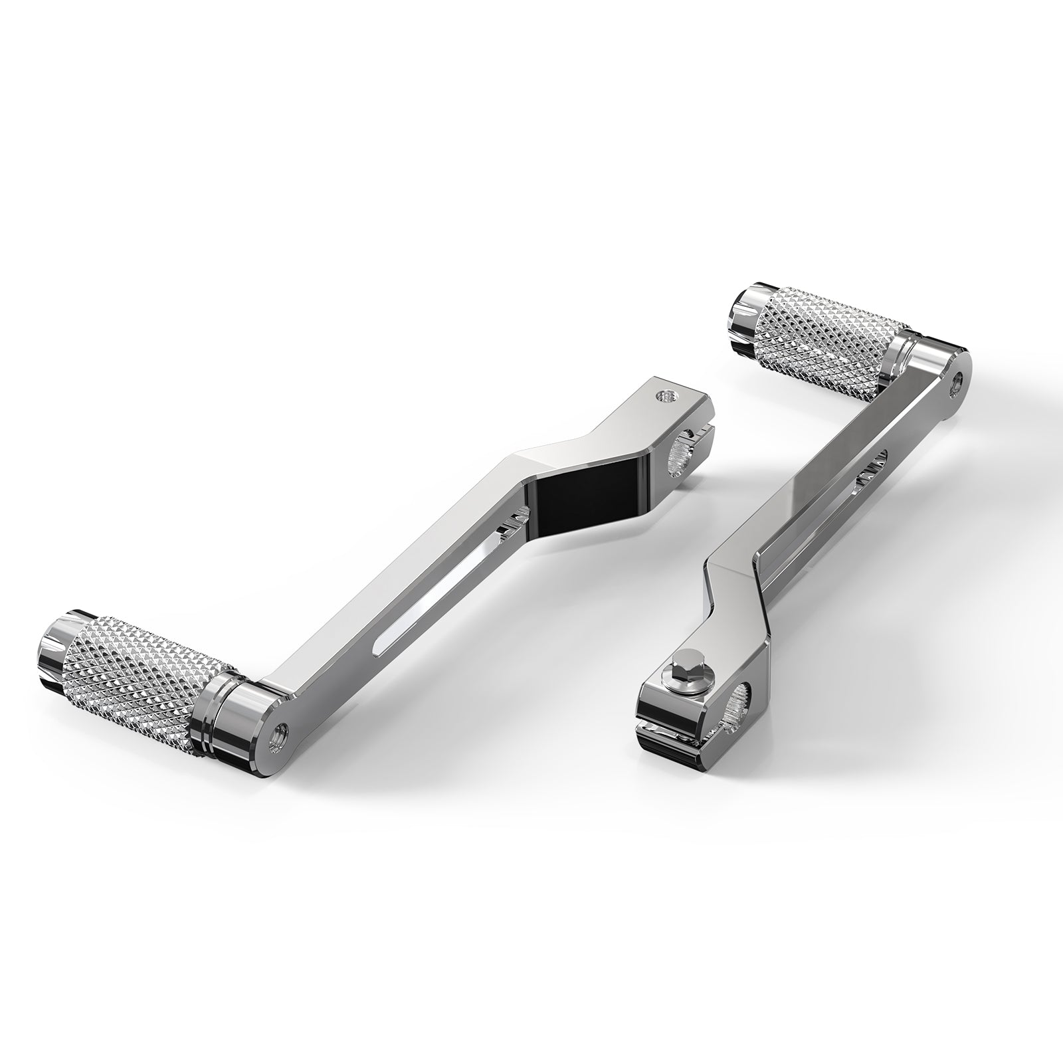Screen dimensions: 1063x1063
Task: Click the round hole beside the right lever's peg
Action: (x=957, y=381)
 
